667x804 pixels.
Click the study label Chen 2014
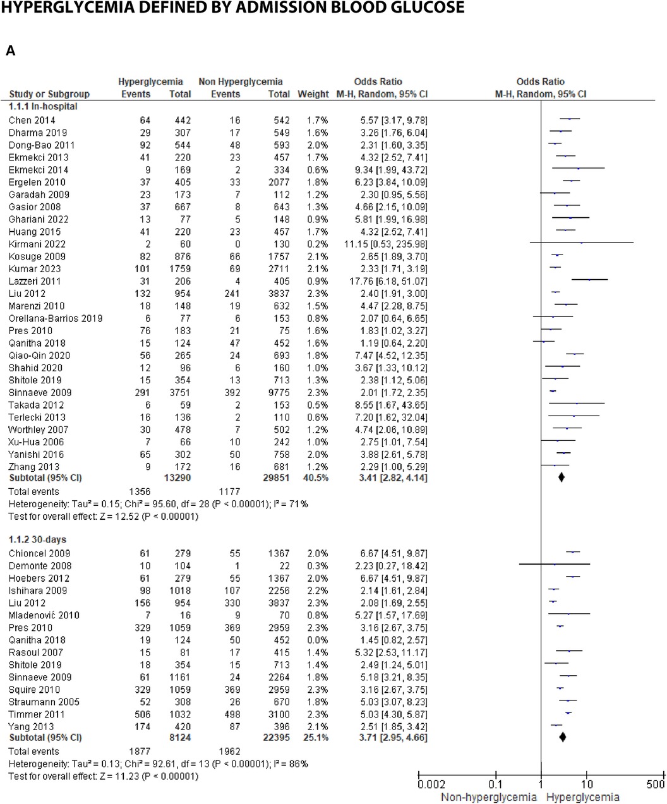pyautogui.click(x=32, y=120)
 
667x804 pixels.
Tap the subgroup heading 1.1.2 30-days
pyautogui.click(x=37, y=540)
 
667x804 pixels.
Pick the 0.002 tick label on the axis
pyautogui.click(x=431, y=784)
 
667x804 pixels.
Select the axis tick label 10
pyautogui.click(x=587, y=784)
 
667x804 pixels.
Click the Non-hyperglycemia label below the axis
pyautogui.click(x=488, y=796)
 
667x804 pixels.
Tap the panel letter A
pyautogui.click(x=11, y=51)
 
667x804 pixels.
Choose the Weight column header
pyautogui.click(x=313, y=94)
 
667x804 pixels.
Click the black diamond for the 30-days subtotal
pyautogui.click(x=563, y=737)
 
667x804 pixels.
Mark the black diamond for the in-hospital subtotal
pyautogui.click(x=562, y=478)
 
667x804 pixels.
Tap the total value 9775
pyautogui.click(x=278, y=392)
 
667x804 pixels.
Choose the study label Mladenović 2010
pyautogui.click(x=44, y=615)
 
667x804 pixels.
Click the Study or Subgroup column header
pyautogui.click(x=49, y=94)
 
